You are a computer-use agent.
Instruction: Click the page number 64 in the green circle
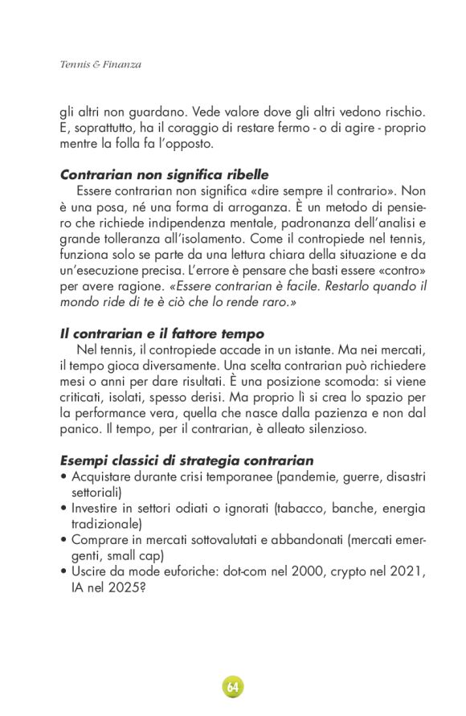(233, 688)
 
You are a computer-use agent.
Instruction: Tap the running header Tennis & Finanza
(100, 64)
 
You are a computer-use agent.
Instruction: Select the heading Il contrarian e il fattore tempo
(162, 333)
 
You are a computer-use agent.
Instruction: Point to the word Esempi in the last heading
(84, 460)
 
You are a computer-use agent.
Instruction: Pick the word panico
(78, 430)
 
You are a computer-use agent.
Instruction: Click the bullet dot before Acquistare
(63, 477)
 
